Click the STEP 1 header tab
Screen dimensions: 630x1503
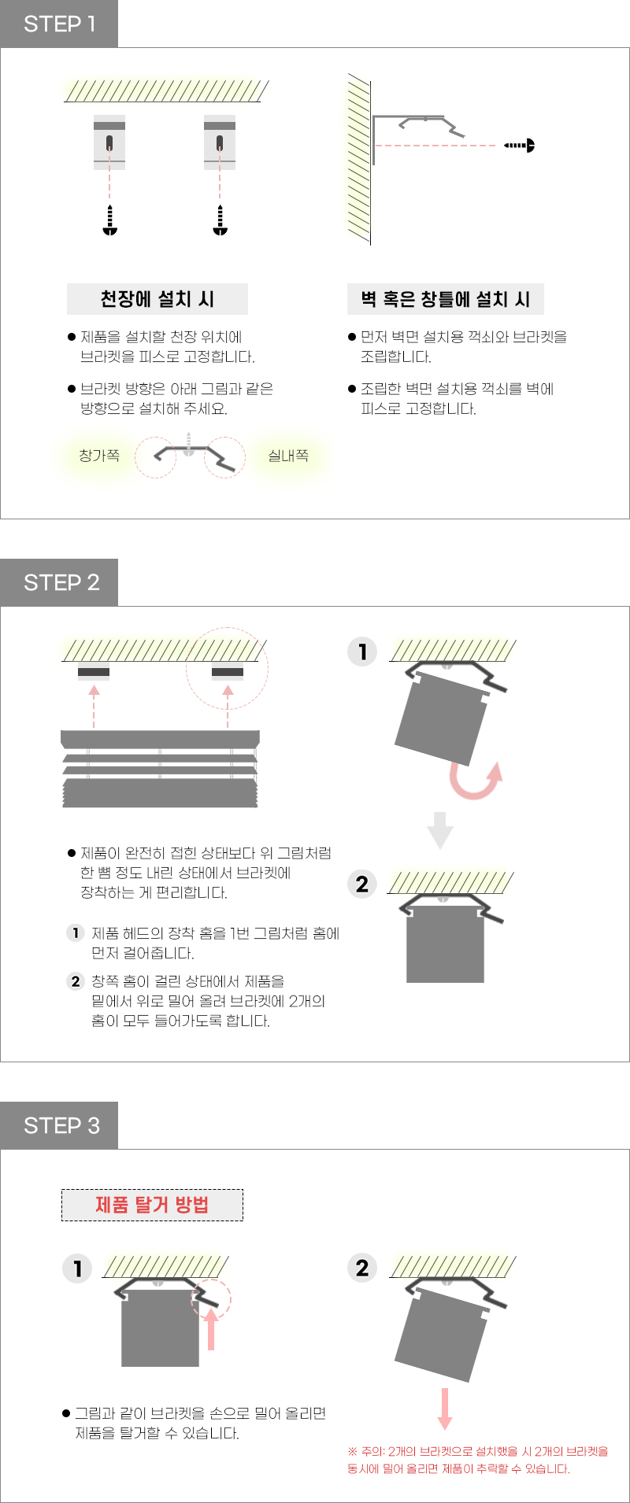point(59,24)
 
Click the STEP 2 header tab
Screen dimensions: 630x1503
point(59,582)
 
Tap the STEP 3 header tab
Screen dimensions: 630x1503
point(59,1125)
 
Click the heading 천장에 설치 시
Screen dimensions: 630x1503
point(157,299)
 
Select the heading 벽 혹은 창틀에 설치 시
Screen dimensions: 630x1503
point(446,299)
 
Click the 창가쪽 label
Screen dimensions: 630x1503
point(99,456)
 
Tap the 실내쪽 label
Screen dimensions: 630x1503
point(288,456)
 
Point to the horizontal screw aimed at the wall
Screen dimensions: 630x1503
point(520,145)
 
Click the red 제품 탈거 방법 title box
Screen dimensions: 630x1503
point(152,1205)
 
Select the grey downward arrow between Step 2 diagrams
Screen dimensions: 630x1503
point(440,831)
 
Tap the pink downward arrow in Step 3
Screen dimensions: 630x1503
point(445,1409)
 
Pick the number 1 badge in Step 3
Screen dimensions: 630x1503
point(77,1269)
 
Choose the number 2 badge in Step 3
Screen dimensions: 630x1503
point(362,1268)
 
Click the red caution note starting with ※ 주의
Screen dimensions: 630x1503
point(478,1460)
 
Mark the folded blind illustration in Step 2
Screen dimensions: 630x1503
point(160,769)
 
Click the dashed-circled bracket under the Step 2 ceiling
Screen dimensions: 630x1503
point(228,672)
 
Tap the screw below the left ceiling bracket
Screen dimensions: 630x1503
point(110,220)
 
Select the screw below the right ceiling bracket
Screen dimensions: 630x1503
point(220,220)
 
